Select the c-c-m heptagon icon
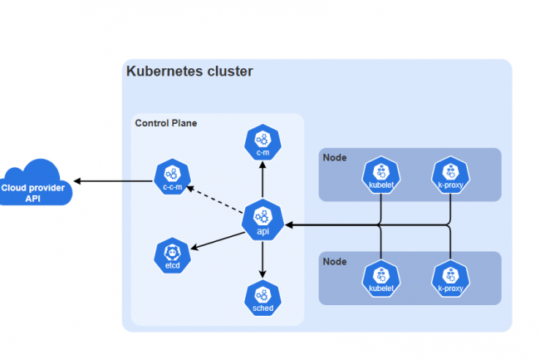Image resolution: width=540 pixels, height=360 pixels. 172,176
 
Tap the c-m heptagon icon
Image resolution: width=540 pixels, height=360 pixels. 263,141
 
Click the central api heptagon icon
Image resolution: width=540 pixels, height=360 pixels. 263,219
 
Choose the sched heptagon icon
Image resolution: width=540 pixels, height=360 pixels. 263,297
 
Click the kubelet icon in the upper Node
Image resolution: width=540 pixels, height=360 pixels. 380,175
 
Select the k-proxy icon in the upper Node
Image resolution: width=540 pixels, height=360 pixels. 450,175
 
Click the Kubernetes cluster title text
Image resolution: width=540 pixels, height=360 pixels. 189,72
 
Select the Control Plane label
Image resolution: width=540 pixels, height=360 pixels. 166,123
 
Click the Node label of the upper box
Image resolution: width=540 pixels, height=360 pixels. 336,158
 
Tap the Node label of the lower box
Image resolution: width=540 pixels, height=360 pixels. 336,260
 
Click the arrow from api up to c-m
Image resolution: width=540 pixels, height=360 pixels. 263,179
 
